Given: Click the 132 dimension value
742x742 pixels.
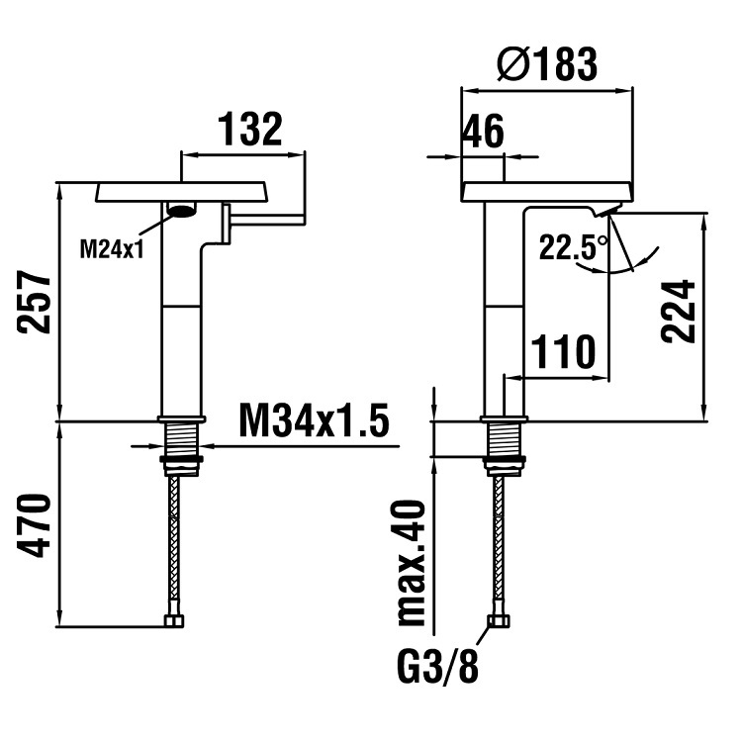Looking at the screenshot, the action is click(250, 129).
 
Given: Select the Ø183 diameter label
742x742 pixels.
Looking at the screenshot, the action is click(547, 64).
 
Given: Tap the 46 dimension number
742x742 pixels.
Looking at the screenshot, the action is click(484, 132).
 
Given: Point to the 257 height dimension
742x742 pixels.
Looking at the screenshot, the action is click(34, 302).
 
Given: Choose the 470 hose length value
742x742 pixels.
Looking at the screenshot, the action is click(34, 525).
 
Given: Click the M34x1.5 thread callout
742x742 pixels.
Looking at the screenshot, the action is click(315, 419).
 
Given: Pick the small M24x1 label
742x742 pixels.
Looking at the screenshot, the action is click(112, 250).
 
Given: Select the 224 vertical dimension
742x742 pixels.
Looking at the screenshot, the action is click(679, 311).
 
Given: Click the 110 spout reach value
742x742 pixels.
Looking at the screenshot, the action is click(563, 351).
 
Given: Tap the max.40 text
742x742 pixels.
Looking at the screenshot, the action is click(412, 563).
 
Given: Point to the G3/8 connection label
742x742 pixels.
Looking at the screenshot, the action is click(437, 667).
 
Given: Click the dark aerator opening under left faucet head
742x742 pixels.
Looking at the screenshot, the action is click(182, 209).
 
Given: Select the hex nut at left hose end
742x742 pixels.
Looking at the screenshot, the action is click(174, 620).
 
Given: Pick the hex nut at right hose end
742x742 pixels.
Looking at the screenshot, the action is click(499, 620).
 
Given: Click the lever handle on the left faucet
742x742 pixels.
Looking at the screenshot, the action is click(264, 221).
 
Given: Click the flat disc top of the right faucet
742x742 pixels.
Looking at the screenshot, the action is click(547, 192).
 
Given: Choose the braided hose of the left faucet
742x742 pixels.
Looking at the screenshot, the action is click(174, 545).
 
